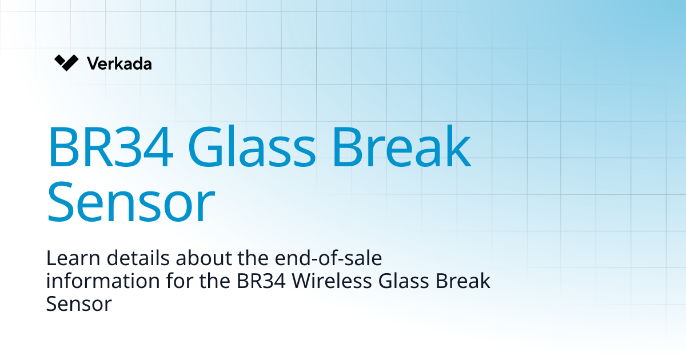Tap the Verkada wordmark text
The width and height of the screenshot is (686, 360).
tap(119, 63)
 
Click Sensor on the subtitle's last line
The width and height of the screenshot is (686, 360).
tap(78, 303)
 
